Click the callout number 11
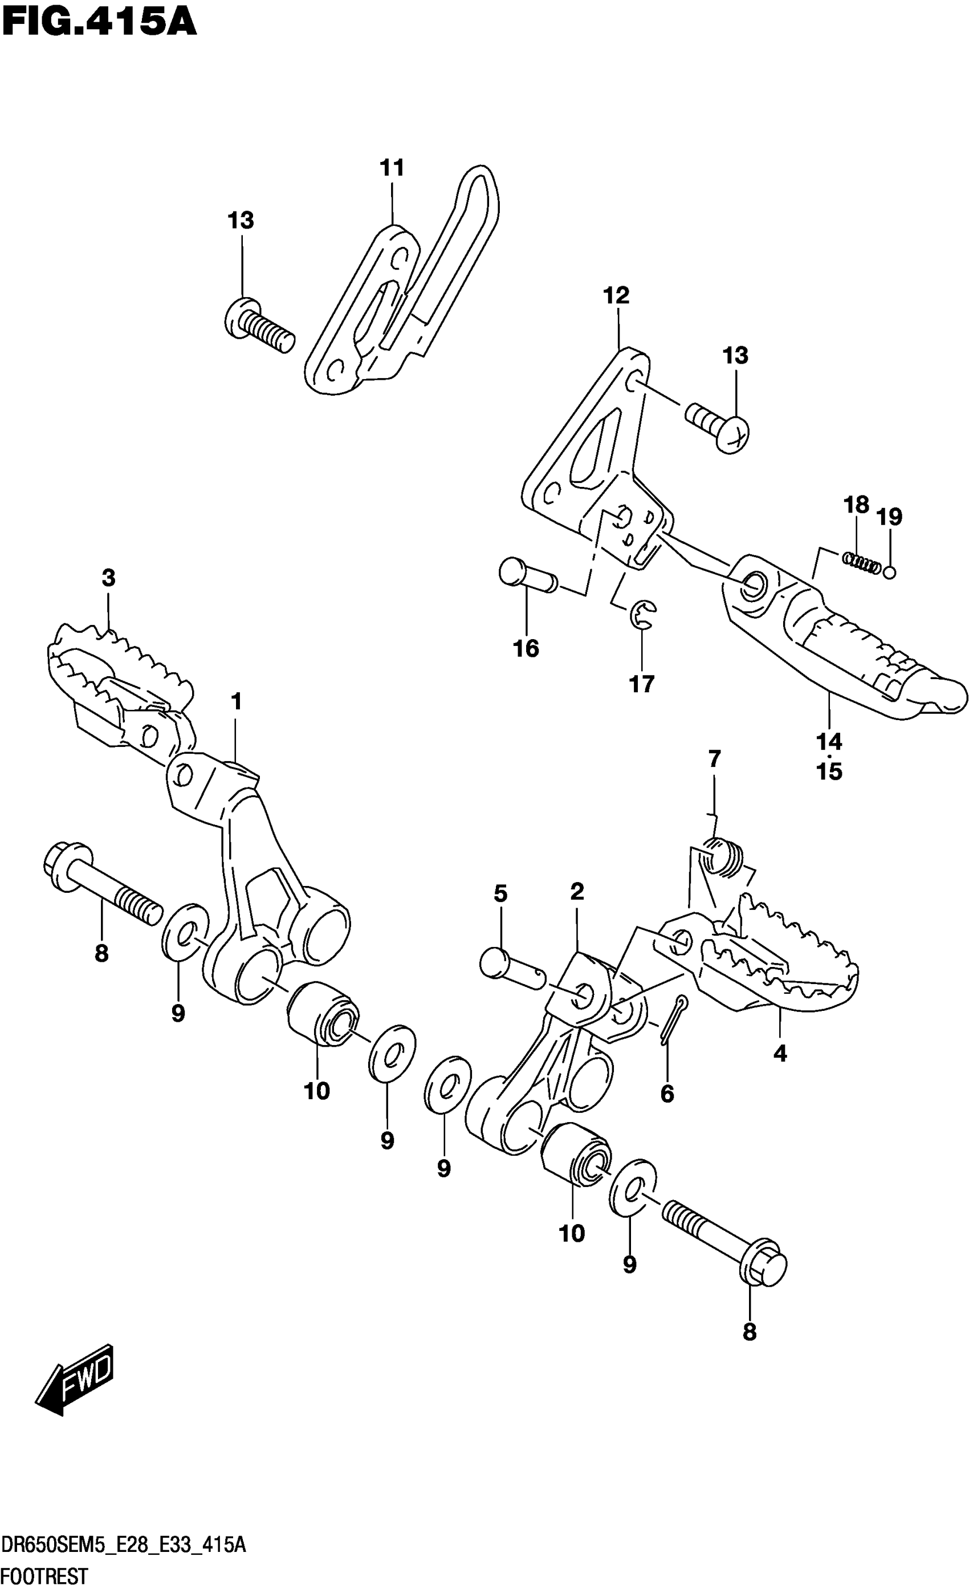[x=392, y=168]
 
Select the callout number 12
[x=616, y=296]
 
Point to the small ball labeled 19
[x=890, y=571]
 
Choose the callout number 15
[x=829, y=772]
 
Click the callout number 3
[x=108, y=578]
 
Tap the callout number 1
[x=236, y=701]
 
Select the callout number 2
[x=577, y=892]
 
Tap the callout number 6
[x=667, y=1094]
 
